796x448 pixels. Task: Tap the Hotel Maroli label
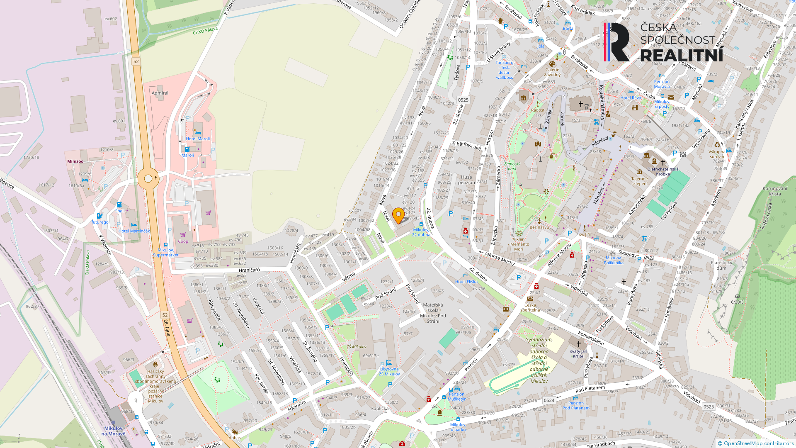pyautogui.click(x=198, y=139)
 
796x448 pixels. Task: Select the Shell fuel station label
pyautogui.click(x=120, y=211)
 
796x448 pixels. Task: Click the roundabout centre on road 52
pyautogui.click(x=148, y=179)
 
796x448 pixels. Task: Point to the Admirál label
pyautogui.click(x=160, y=93)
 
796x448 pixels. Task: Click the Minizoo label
pyautogui.click(x=75, y=161)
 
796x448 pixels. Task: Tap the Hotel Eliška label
pyautogui.click(x=466, y=282)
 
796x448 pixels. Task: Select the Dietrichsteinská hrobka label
pyautogui.click(x=663, y=171)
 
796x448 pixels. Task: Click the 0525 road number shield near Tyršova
pyautogui.click(x=463, y=100)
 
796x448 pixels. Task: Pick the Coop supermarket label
pyautogui.click(x=183, y=241)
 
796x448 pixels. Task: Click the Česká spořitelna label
pyautogui.click(x=530, y=307)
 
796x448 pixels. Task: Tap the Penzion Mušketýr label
pyautogui.click(x=456, y=397)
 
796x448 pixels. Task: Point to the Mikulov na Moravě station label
pyautogui.click(x=113, y=431)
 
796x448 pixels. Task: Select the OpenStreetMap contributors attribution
pyautogui.click(x=756, y=443)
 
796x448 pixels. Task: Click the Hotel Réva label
pyautogui.click(x=631, y=98)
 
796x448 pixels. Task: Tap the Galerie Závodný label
pyautogui.click(x=552, y=72)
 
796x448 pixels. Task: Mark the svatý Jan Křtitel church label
pyautogui.click(x=578, y=354)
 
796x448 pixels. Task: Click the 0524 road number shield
pyautogui.click(x=549, y=400)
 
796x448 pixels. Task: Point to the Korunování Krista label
pyautogui.click(x=774, y=191)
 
